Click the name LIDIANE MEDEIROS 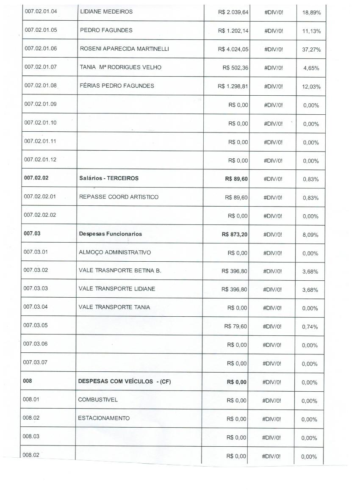tap(106, 11)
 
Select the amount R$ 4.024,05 tap(233, 49)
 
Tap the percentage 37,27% tap(311, 50)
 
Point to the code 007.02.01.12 tap(41, 160)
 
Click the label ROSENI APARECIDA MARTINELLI tap(125, 49)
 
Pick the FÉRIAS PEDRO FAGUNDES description tap(117, 86)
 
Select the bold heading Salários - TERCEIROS tap(109, 178)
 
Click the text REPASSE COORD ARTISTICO tap(119, 197)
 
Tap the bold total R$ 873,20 tap(235, 234)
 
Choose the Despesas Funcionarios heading tap(111, 234)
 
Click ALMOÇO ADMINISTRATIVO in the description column tap(115, 252)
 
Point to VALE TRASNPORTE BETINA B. tap(120, 271)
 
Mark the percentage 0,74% tap(310, 327)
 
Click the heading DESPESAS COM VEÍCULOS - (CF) tap(125, 382)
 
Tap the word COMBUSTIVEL tap(98, 400)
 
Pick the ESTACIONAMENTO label tap(104, 418)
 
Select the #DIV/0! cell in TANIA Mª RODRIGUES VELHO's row tap(274, 68)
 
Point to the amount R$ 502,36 tap(235, 67)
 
